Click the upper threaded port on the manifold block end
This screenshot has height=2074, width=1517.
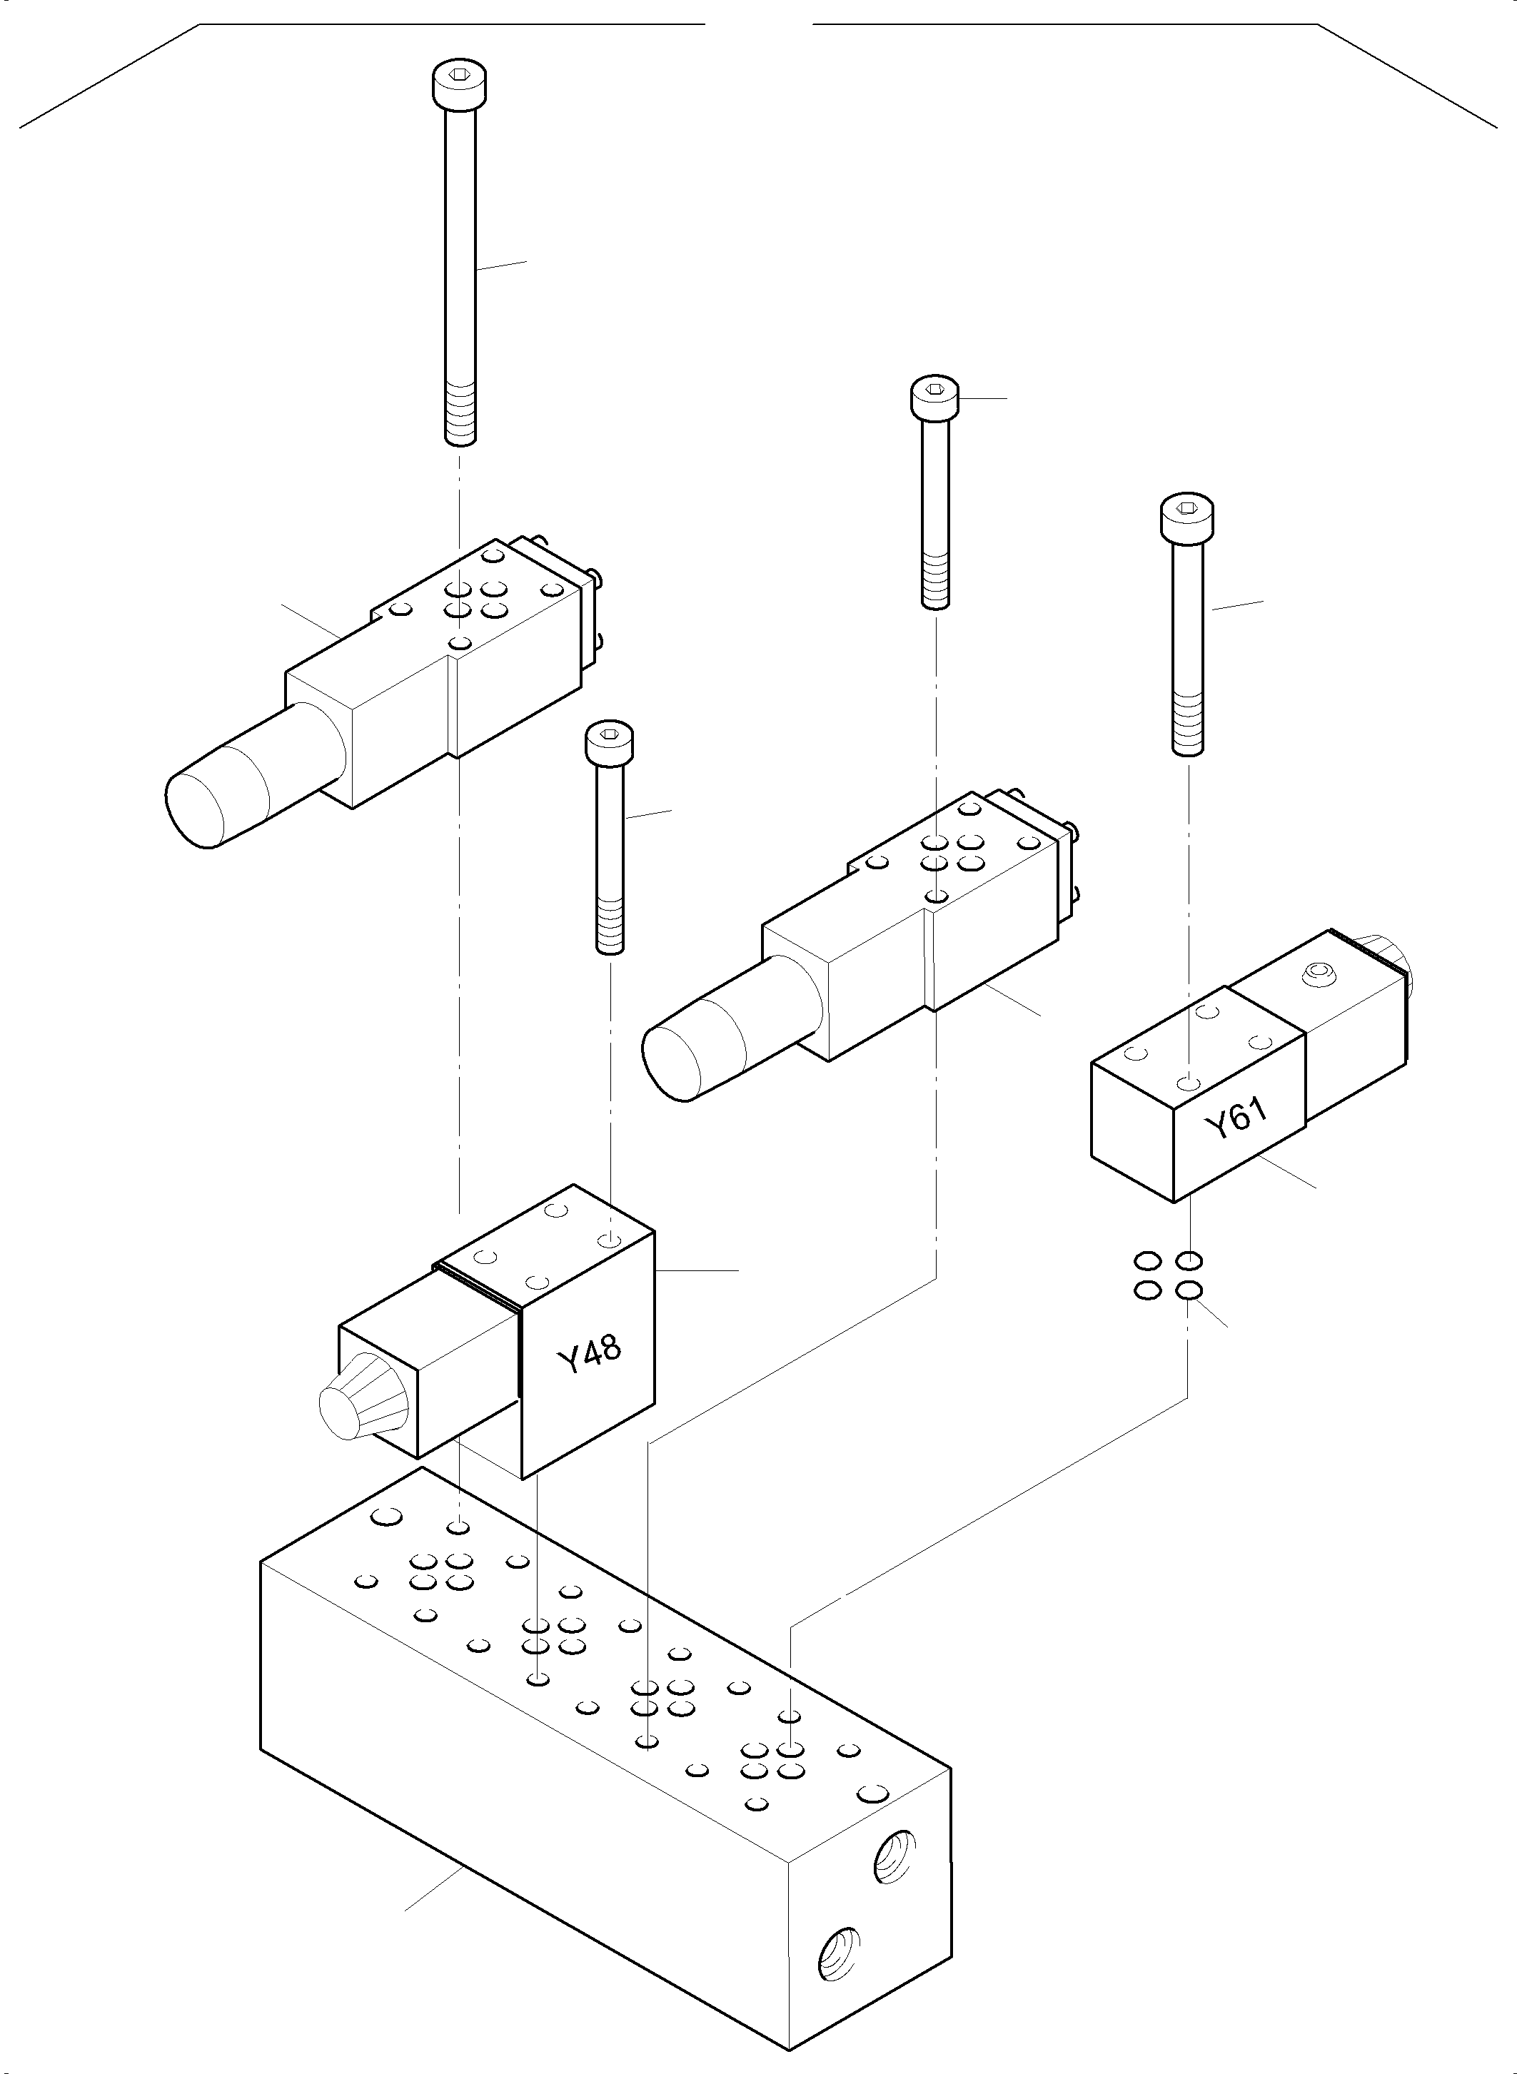(894, 1856)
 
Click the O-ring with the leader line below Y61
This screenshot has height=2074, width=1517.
(1190, 1291)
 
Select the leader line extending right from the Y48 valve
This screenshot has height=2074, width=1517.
(698, 1270)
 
